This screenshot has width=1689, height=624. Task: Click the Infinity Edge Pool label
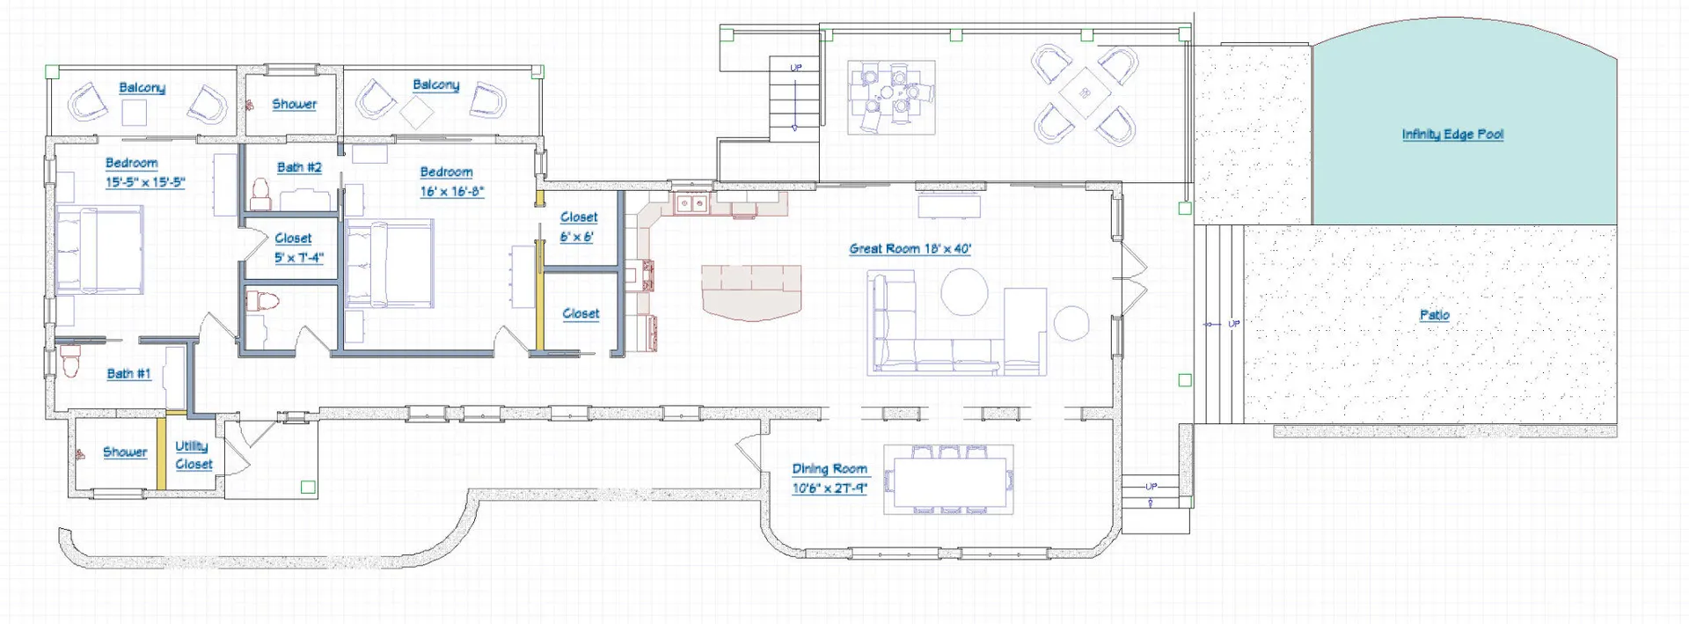click(x=1452, y=135)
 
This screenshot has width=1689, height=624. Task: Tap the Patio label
click(x=1434, y=315)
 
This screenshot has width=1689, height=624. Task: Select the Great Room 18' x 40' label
click(x=910, y=249)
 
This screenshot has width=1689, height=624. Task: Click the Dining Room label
click(x=830, y=469)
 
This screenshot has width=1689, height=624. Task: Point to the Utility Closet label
click(x=194, y=455)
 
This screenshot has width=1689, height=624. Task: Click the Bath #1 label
click(x=128, y=374)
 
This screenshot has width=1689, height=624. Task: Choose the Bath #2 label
click(x=299, y=167)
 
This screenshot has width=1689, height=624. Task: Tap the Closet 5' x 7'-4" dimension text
click(x=298, y=258)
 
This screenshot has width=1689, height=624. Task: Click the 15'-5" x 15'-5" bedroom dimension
click(x=145, y=183)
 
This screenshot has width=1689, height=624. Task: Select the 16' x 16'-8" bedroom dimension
click(x=451, y=192)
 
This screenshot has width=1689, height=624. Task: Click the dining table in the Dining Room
click(x=948, y=479)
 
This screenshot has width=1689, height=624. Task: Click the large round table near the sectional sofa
click(x=964, y=291)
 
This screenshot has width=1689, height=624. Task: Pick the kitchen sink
click(x=691, y=204)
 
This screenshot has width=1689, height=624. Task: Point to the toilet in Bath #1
click(x=70, y=361)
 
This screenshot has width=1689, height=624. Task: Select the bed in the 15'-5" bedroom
click(x=99, y=250)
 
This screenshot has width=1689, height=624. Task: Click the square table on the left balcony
click(x=135, y=113)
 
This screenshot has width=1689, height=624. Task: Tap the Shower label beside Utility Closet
click(x=125, y=452)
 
